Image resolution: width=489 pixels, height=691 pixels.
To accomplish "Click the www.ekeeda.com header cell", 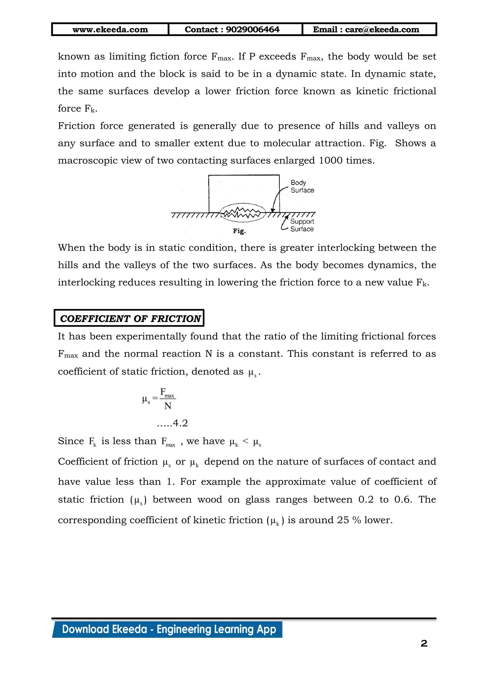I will [x=110, y=30].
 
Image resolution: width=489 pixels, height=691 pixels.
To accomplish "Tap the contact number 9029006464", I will [x=252, y=30].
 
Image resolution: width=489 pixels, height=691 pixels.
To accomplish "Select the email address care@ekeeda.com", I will [x=382, y=30].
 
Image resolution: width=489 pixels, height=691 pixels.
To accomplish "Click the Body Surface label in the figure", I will [x=302, y=186].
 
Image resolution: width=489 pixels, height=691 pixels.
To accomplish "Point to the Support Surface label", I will [x=302, y=225].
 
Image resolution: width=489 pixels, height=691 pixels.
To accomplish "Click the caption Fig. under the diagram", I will [x=239, y=231].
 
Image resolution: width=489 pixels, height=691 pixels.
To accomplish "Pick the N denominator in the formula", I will [x=168, y=406].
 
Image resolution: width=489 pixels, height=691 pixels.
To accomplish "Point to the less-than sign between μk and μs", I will [x=245, y=441].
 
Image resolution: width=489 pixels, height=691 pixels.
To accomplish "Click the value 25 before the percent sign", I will [x=343, y=520].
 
